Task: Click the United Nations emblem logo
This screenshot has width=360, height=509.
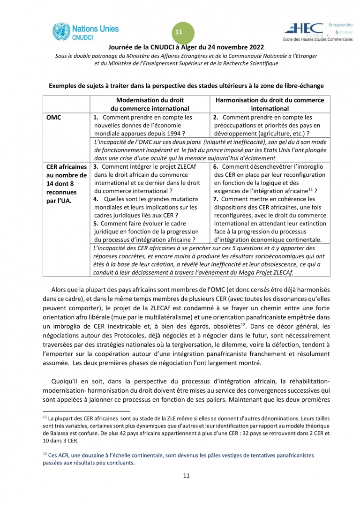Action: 60,31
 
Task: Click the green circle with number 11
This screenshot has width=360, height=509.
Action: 179,32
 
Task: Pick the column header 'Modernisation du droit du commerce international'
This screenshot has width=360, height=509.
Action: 150,104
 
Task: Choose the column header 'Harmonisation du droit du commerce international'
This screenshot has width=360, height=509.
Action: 270,104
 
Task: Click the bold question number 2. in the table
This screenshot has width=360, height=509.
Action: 216,118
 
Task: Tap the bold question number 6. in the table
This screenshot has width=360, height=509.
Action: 216,167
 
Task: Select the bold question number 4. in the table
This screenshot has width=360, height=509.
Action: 96,199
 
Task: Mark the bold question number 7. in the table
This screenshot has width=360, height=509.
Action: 216,199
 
